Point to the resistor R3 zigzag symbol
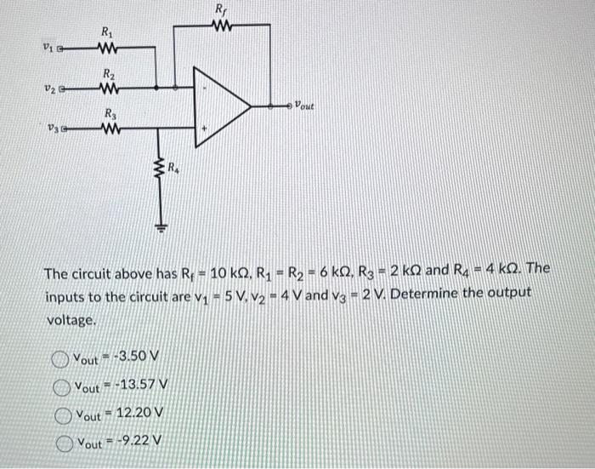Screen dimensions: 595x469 click(x=108, y=129)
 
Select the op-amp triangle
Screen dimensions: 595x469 click(x=223, y=106)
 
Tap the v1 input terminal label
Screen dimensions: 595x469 click(x=49, y=49)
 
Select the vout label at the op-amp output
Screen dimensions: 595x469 click(x=303, y=107)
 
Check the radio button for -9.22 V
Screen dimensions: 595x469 click(x=63, y=443)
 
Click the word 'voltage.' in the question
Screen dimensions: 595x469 click(x=71, y=322)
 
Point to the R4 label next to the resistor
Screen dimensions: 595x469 click(x=173, y=166)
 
